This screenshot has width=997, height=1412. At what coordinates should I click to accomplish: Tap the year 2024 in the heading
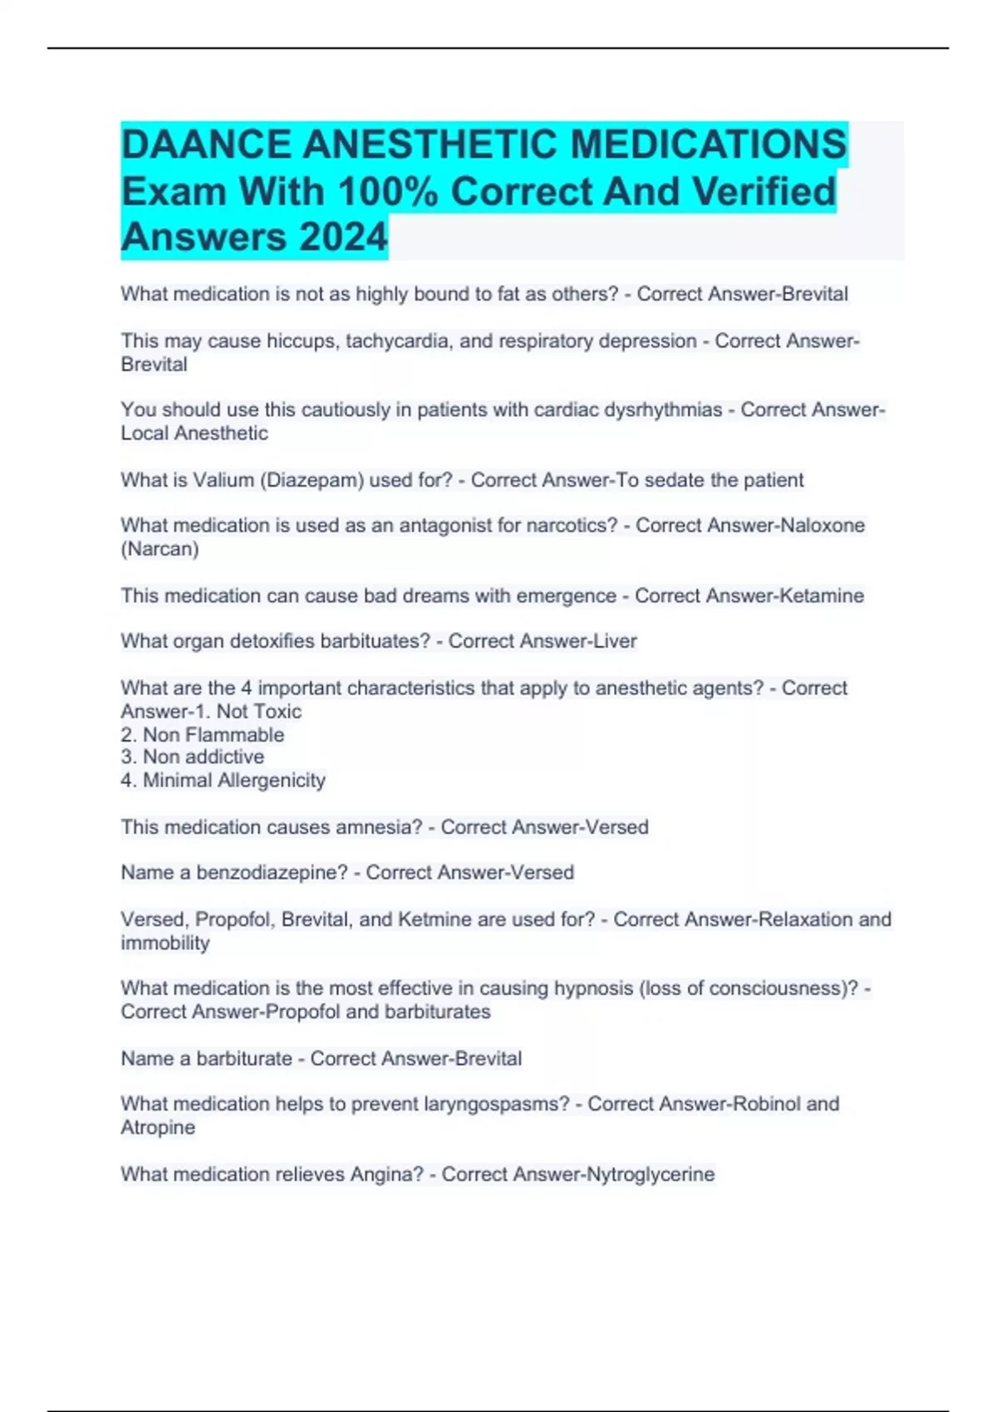click(x=343, y=237)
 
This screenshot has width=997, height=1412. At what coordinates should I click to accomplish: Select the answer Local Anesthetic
click(x=194, y=434)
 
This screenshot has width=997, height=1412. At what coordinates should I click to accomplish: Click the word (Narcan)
click(x=160, y=549)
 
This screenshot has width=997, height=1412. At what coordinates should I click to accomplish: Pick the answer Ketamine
click(x=823, y=596)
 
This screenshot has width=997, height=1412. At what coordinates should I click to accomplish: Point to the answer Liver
click(x=615, y=641)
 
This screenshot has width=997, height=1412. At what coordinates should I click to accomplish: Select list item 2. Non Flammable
click(x=203, y=735)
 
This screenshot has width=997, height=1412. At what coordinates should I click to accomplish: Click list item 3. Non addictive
click(x=193, y=757)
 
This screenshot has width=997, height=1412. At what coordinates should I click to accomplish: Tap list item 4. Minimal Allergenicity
click(x=223, y=780)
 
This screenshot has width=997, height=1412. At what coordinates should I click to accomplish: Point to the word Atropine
click(x=158, y=1128)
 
